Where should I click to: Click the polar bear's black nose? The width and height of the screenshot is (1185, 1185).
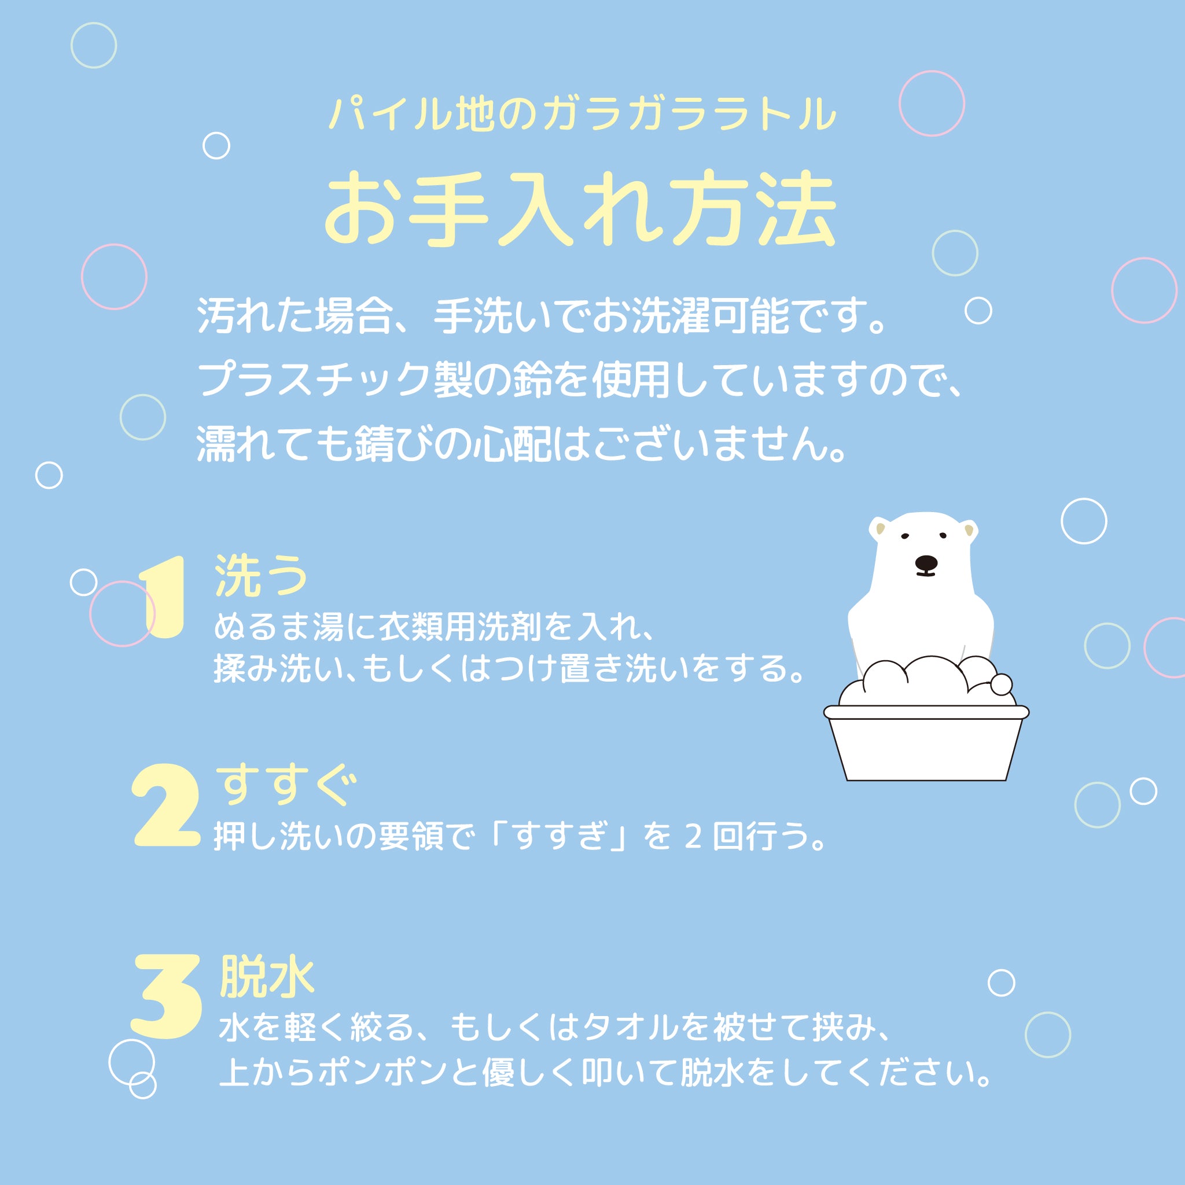pos(926,562)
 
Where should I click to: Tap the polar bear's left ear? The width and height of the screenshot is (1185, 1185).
pos(880,529)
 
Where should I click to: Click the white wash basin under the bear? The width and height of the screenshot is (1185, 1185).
pos(926,743)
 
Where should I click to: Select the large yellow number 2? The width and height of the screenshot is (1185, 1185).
pos(165,805)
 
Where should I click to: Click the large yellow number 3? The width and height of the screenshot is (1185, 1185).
pos(165,997)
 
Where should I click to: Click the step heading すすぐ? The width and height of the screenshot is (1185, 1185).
pos(286,785)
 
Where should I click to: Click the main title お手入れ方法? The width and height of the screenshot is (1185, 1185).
pos(580,208)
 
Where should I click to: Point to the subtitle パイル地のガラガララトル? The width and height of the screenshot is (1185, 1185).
pos(582,114)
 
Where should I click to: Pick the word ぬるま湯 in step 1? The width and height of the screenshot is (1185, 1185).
pos(279,626)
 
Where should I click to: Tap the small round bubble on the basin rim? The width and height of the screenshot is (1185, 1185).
pos(1002,684)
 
